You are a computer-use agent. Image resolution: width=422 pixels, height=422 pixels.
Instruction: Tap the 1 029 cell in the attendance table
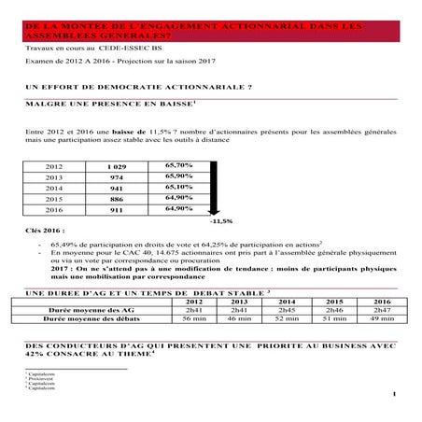coord(116,164)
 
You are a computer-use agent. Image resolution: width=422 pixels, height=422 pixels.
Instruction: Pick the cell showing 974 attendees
coord(116,176)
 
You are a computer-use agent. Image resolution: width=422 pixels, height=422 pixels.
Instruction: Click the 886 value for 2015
coord(116,198)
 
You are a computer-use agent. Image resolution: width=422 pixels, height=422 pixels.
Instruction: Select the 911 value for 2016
coord(116,209)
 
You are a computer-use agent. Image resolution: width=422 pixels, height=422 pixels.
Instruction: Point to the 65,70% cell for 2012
coord(178,164)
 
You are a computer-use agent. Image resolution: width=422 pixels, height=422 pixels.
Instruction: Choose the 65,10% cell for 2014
coord(178,187)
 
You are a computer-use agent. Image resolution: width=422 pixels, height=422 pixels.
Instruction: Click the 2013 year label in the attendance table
coord(55,176)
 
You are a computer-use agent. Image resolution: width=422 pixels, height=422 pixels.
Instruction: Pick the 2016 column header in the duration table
coord(382,302)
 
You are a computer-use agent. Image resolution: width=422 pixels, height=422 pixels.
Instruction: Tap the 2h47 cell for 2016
coord(382,310)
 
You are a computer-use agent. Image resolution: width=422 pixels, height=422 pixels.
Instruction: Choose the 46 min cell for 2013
coord(241,319)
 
